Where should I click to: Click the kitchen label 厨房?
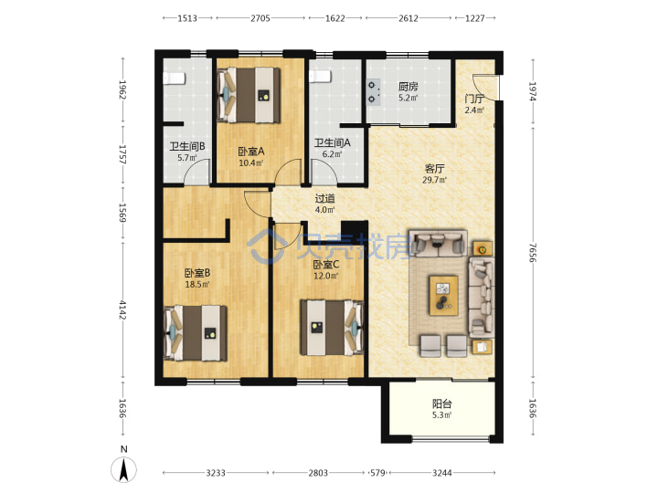408,87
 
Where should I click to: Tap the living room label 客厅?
434,169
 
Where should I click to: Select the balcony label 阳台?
442,404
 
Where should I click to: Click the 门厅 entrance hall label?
474,99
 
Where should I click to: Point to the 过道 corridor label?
324,198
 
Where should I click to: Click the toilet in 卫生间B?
175,79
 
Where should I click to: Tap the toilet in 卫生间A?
320,77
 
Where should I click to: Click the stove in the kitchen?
373,92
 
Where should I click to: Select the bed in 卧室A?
249,95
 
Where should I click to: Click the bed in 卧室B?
196,333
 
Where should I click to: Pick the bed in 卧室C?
332,328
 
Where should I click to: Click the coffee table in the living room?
443,295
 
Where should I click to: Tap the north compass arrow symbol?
123,470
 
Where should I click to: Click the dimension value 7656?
533,252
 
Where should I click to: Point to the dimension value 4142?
122,309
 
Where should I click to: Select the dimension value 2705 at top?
260,18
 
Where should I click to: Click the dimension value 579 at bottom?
377,473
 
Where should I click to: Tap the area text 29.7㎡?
434,180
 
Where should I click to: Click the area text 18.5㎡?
197,284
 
